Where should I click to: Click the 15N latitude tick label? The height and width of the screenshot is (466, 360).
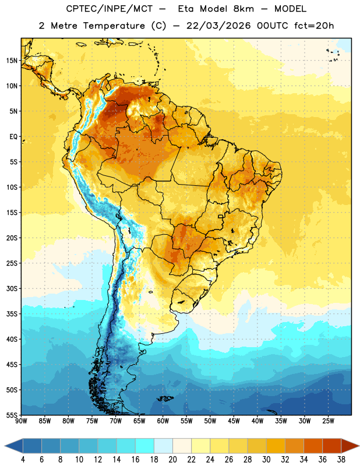click(x=12, y=61)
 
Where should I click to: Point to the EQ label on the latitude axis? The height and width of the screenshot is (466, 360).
click(x=13, y=137)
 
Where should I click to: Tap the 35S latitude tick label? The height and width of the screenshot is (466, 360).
click(x=12, y=314)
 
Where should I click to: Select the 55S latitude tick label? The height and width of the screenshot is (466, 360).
click(x=12, y=415)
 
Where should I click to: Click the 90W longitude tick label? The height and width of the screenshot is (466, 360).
click(x=21, y=421)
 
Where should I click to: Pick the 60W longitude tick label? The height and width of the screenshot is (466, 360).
click(x=163, y=421)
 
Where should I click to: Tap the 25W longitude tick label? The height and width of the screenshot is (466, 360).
click(x=328, y=421)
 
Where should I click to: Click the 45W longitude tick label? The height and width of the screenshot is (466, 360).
click(x=234, y=421)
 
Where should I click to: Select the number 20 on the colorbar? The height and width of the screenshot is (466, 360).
click(x=172, y=460)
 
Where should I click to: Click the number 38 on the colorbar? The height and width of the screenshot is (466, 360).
click(x=341, y=460)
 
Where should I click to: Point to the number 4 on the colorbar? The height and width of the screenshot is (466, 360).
click(x=23, y=460)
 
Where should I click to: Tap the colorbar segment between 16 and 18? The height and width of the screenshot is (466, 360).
click(x=144, y=446)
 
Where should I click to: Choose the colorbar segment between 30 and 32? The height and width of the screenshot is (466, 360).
click(x=276, y=446)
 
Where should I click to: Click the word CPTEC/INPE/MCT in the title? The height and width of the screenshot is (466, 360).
click(x=109, y=9)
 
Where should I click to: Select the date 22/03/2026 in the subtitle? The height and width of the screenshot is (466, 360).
click(x=218, y=26)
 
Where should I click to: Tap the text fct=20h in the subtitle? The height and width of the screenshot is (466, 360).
click(x=314, y=26)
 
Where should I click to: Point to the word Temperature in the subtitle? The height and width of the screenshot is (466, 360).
click(x=114, y=26)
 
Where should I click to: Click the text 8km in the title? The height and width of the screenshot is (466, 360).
click(x=243, y=9)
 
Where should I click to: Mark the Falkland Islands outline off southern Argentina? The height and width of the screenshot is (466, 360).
click(x=165, y=398)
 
